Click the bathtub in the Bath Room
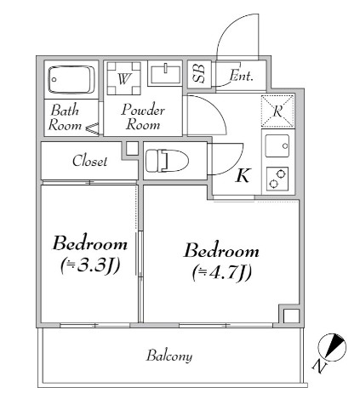point(71,80)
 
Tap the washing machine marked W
point(123,79)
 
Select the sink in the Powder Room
point(163,74)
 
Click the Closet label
point(89,161)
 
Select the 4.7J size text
point(220,273)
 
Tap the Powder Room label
point(142,117)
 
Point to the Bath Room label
point(66,117)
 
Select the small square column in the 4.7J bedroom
point(290,317)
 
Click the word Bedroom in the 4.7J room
point(221,252)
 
